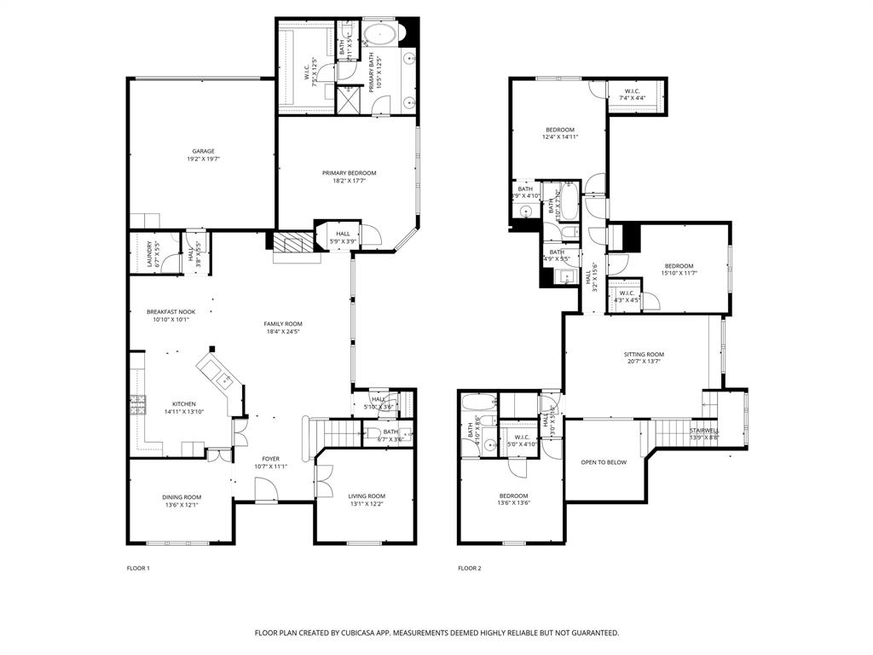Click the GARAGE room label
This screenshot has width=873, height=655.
pyautogui.click(x=202, y=151)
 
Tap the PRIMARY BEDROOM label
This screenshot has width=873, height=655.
pyautogui.click(x=349, y=173)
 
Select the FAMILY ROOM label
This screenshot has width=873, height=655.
pyautogui.click(x=283, y=324)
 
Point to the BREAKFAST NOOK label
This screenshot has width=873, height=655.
pyautogui.click(x=171, y=312)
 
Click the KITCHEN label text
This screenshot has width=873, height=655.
pyautogui.click(x=184, y=404)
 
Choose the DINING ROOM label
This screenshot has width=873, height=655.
pyautogui.click(x=182, y=497)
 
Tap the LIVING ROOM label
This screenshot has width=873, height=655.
pyautogui.click(x=367, y=496)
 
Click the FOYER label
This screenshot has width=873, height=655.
pyautogui.click(x=270, y=458)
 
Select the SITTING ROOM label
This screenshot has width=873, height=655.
pyautogui.click(x=644, y=354)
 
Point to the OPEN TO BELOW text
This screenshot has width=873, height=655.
pyautogui.click(x=604, y=462)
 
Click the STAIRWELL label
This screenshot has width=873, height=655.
pyautogui.click(x=704, y=431)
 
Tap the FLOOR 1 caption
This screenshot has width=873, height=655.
pyautogui.click(x=137, y=568)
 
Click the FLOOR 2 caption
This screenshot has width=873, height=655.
pyautogui.click(x=469, y=568)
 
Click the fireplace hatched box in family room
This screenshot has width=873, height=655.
pyautogui.click(x=291, y=242)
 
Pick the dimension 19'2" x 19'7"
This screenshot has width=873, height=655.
pyautogui.click(x=202, y=159)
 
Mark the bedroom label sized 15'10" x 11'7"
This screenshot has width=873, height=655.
pyautogui.click(x=679, y=265)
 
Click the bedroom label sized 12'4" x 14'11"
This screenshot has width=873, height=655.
pyautogui.click(x=560, y=130)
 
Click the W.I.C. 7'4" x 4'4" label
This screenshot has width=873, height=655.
pyautogui.click(x=632, y=91)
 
